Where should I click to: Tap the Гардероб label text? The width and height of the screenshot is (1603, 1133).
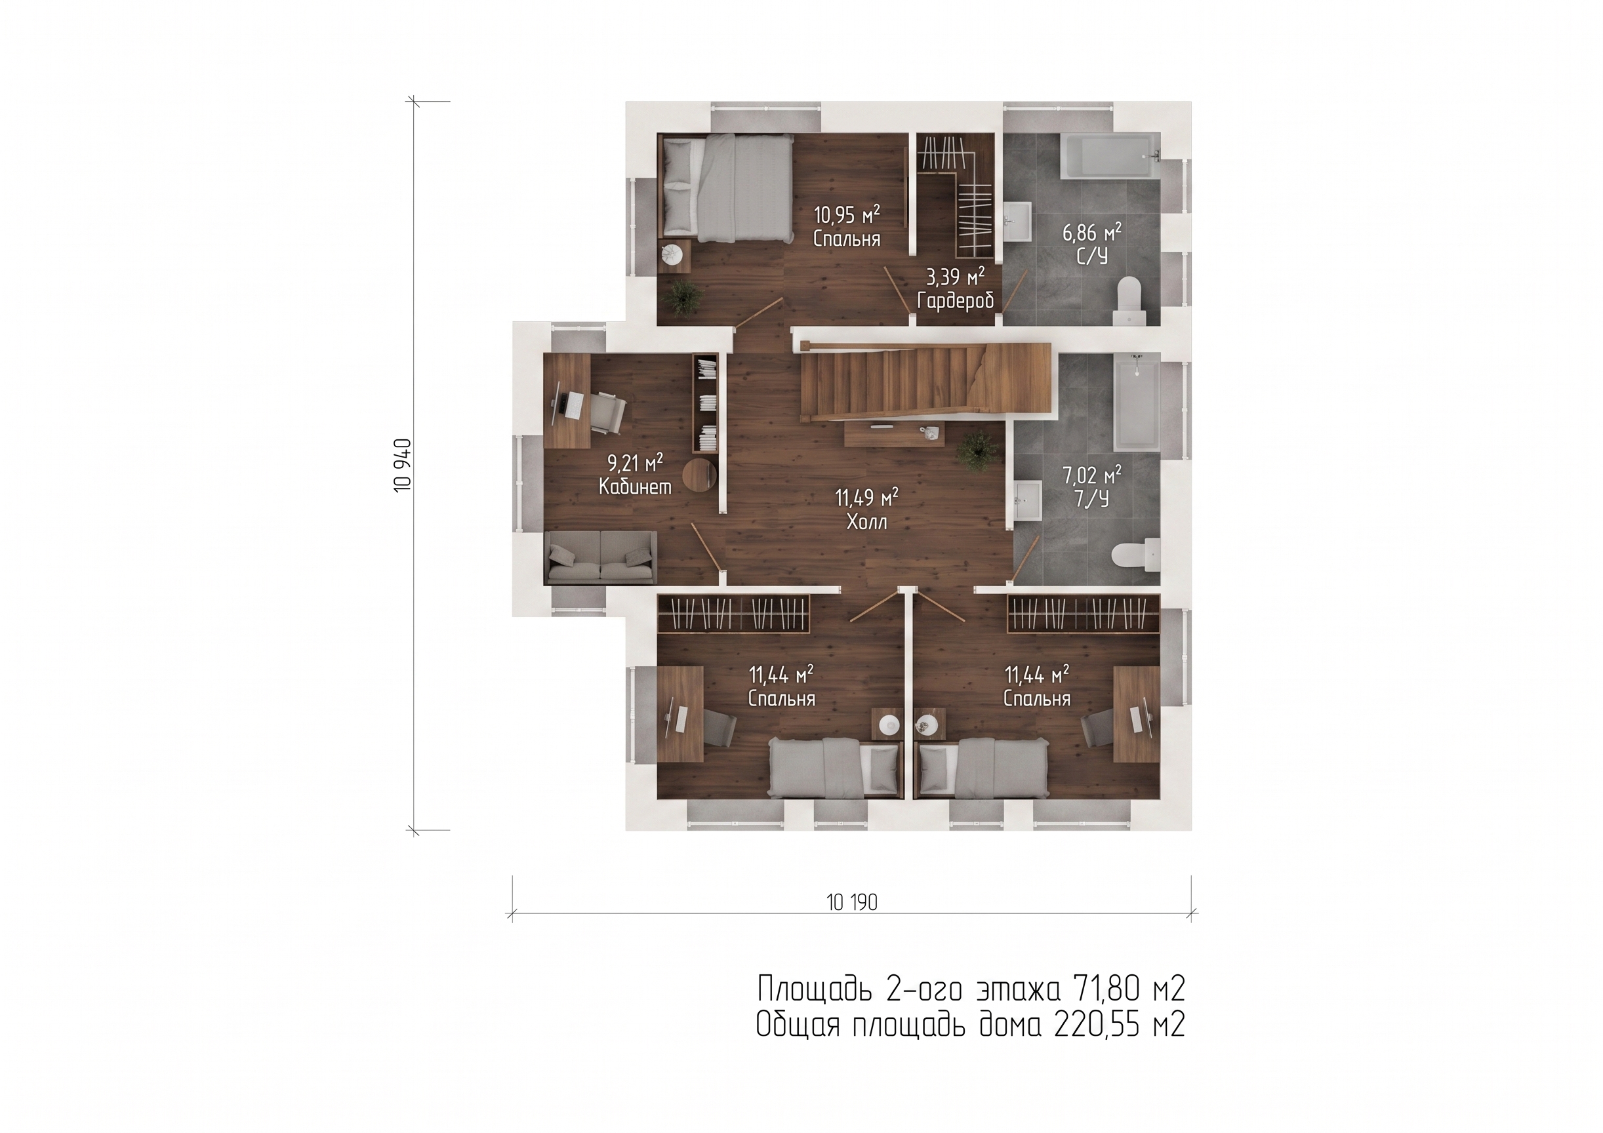coord(955,301)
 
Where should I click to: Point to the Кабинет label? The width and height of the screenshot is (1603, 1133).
coord(636,486)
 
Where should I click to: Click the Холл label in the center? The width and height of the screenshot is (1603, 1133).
coord(866,521)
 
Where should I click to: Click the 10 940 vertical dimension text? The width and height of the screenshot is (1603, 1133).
coord(403,466)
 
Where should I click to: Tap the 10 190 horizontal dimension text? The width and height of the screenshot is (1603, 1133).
coord(852,903)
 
